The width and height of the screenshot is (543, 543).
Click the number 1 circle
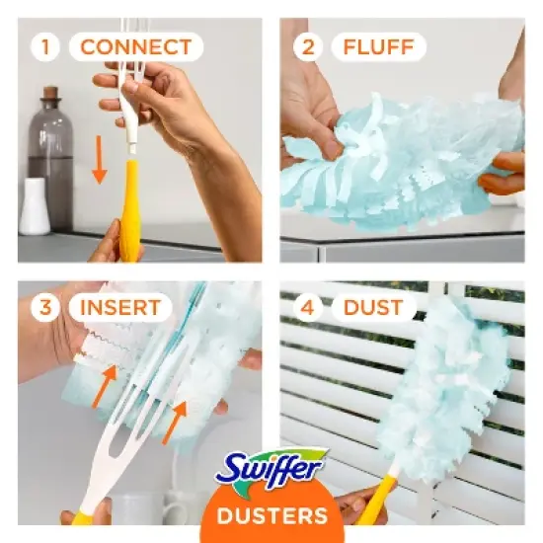[x=45, y=46]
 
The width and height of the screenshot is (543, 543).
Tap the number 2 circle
[x=308, y=46]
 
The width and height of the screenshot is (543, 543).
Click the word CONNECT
[x=135, y=46]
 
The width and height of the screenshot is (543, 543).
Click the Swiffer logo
[x=271, y=464]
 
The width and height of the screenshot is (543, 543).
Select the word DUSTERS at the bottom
[x=271, y=515]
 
